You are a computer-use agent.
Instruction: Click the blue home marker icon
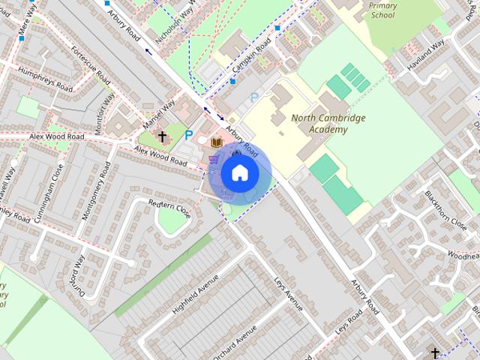pyautogui.click(x=239, y=173)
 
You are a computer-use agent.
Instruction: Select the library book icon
pyautogui.click(x=217, y=142)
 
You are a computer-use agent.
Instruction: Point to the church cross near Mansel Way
pyautogui.click(x=162, y=137)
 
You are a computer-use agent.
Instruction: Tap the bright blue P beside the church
pyautogui.click(x=189, y=136)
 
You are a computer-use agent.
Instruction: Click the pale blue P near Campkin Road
pyautogui.click(x=254, y=97)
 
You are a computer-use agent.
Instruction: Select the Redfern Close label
pyautogui.click(x=169, y=209)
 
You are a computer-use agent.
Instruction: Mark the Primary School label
pyautogui.click(x=382, y=10)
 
